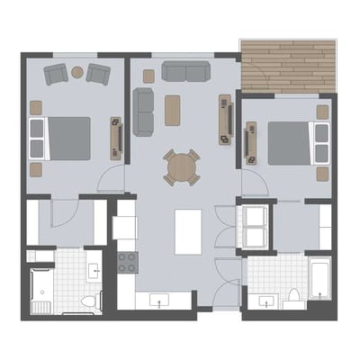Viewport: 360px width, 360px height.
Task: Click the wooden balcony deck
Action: click(x=287, y=65)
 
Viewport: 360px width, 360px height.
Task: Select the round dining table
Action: click(x=182, y=166)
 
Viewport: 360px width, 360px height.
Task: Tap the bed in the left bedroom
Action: click(x=60, y=138)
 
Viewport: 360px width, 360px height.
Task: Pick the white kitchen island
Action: click(x=188, y=231)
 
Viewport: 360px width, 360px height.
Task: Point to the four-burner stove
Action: click(x=127, y=263)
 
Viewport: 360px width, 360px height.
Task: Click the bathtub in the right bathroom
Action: click(x=319, y=278)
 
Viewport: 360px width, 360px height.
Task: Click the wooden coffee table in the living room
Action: click(x=173, y=110)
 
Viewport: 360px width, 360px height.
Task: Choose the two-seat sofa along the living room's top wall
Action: click(x=186, y=71)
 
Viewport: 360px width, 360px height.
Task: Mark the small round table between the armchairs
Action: click(x=77, y=72)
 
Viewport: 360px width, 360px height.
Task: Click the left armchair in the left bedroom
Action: click(x=57, y=75)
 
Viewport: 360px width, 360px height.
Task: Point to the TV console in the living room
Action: click(x=225, y=120)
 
